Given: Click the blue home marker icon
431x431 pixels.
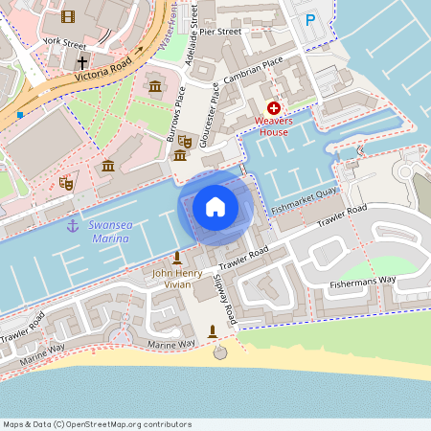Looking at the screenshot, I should click(x=215, y=207).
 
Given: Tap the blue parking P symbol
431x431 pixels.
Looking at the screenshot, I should click(x=309, y=19).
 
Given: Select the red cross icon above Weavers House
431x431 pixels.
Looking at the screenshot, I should click(x=273, y=108).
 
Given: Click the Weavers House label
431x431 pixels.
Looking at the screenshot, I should click(x=273, y=125).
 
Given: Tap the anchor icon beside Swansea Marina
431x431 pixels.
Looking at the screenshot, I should click(x=72, y=225).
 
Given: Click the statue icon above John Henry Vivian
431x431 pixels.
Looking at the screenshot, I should click(x=177, y=258).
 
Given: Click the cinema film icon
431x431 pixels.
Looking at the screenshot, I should click(x=67, y=15).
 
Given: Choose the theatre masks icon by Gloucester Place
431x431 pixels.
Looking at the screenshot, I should click(x=186, y=142).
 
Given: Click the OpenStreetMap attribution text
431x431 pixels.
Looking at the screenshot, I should click(x=96, y=423).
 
